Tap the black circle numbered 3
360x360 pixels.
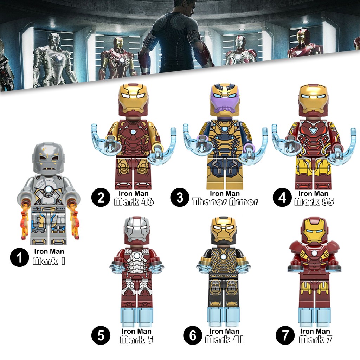point(180,198)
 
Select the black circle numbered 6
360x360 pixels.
point(192,335)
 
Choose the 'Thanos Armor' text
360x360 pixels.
point(225,202)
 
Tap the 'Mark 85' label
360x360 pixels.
point(314,202)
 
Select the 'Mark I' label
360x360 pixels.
point(49,261)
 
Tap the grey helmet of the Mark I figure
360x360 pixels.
point(49,158)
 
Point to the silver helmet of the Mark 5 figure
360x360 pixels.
point(137,231)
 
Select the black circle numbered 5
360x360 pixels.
point(101,335)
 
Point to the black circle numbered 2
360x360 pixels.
point(101,198)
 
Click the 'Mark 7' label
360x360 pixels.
point(315,340)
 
